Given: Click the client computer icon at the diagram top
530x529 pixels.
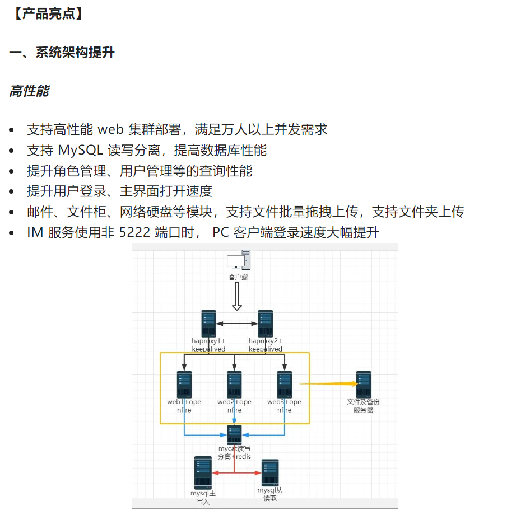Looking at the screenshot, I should point(238,261).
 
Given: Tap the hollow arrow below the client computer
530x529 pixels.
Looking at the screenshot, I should point(237,296).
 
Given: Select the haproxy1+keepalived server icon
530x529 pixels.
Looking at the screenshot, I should point(208,324).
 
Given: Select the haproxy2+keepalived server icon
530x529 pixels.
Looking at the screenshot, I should point(266,324).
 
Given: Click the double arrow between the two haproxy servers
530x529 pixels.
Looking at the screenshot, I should point(237,324).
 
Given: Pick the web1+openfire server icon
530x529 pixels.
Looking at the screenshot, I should point(184,385).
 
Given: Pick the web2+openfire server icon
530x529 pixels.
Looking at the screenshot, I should point(234,385).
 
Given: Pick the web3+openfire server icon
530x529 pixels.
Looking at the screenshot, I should point(285,385).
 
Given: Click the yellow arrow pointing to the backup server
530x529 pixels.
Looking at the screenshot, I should point(328,384).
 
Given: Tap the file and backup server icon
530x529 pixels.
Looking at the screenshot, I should point(364,385).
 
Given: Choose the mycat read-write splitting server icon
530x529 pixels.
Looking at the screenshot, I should point(234,435).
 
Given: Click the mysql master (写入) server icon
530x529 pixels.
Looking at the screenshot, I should point(203,473).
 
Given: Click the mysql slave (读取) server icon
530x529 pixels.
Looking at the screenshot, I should point(269,473).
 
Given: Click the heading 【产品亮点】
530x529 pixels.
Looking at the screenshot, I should point(48,14).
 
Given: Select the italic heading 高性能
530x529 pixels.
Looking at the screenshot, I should point(29,91).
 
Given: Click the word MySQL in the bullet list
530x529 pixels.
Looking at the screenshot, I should point(80,150).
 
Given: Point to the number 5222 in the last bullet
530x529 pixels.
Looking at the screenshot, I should point(134,232).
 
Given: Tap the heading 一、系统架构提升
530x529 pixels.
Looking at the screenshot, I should point(62,53).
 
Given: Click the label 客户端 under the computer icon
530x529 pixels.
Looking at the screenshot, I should point(238,277).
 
